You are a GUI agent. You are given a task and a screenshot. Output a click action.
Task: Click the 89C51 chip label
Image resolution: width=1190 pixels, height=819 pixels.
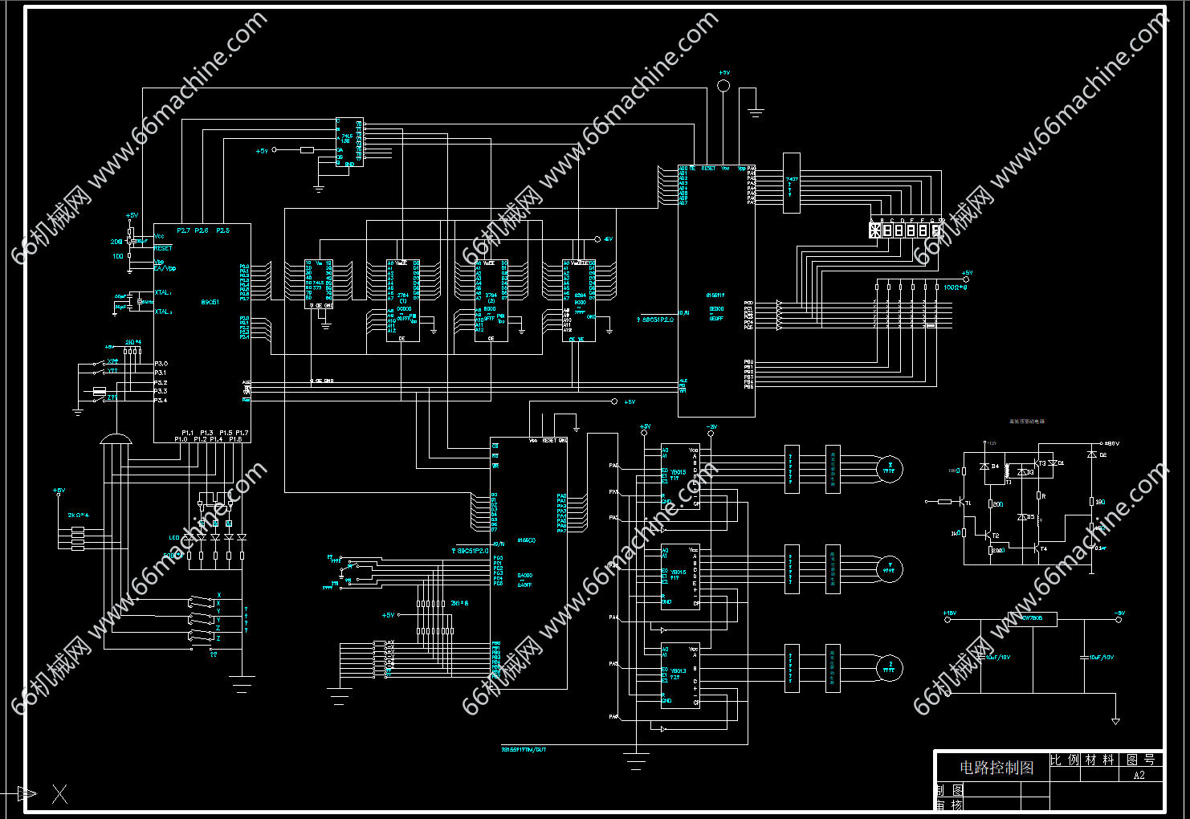point(210,302)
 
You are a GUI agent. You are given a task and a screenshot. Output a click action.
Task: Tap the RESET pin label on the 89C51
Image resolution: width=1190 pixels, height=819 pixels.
point(163,248)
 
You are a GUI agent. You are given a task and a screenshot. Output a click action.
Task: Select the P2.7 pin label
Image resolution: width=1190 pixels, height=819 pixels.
point(183,230)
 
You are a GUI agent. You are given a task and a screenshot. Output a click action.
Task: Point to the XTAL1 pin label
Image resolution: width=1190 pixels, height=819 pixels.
point(163,293)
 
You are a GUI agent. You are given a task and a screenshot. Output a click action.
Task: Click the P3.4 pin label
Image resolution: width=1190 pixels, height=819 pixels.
point(161,400)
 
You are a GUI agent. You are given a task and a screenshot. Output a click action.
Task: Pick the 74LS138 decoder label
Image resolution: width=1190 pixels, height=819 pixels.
point(345,138)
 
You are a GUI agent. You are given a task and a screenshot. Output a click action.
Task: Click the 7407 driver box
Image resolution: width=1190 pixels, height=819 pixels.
point(792,183)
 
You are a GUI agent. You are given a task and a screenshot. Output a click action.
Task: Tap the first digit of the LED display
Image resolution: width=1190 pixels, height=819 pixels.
point(874,230)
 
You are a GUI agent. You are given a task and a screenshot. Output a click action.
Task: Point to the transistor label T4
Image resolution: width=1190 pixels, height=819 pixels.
point(1044,549)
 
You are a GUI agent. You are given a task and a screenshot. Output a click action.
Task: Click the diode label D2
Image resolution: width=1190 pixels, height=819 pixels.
point(1102,455)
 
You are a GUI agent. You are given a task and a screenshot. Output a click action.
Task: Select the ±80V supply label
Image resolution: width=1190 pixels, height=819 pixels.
point(1112,443)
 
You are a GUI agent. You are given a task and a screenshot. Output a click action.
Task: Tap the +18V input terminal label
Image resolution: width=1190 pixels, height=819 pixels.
point(949,613)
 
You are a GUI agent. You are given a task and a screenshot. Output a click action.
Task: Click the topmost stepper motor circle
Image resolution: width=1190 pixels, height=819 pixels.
point(889,469)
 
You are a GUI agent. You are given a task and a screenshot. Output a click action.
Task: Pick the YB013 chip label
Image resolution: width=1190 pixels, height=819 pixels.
point(678,472)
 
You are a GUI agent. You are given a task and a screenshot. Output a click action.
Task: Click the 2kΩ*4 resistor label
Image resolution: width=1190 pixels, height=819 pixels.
point(79,515)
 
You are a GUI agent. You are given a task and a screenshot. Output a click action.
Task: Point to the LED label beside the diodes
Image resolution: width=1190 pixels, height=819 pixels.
point(173,537)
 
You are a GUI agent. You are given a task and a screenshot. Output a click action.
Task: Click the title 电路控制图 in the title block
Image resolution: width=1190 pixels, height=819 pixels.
point(996,768)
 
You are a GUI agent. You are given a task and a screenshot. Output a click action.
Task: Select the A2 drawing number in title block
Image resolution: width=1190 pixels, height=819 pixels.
point(1139,776)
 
